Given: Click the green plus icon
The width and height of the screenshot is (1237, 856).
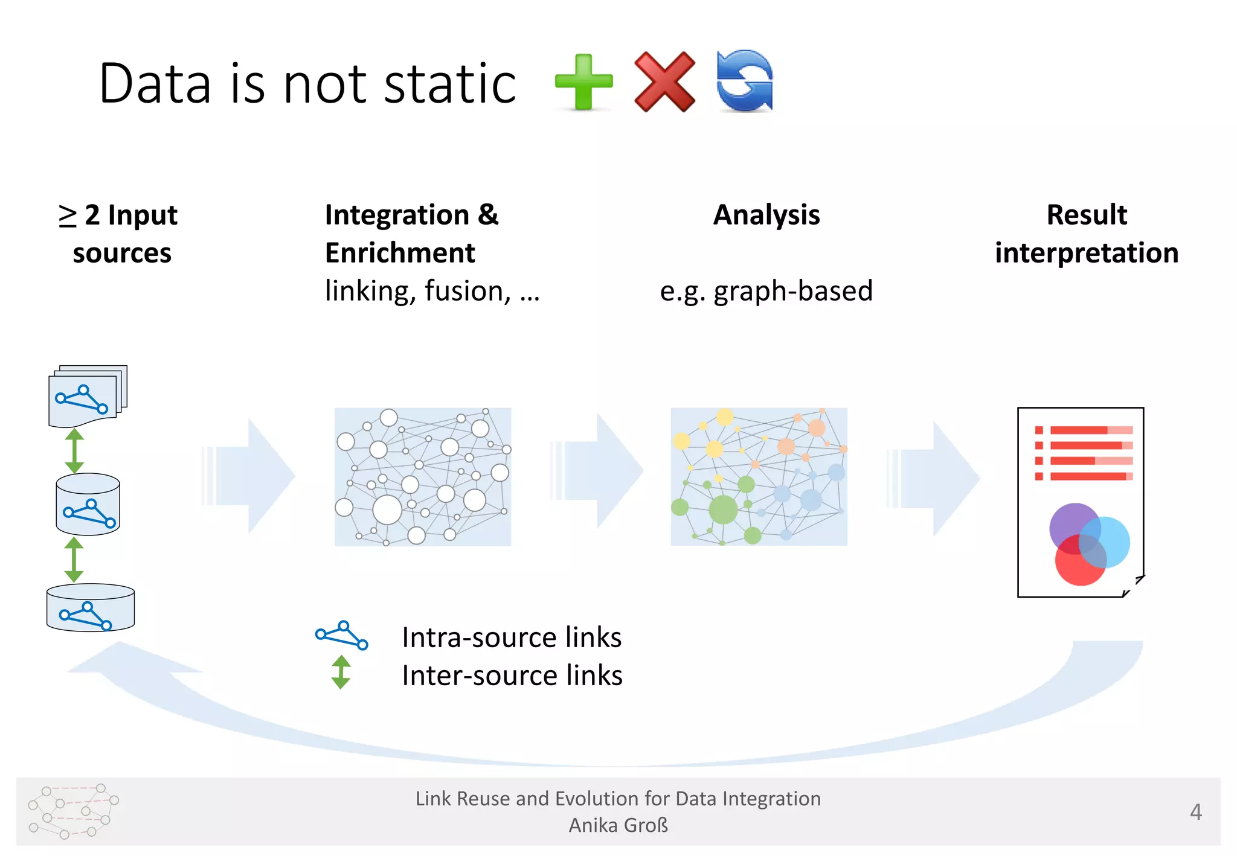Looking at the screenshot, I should point(583,82).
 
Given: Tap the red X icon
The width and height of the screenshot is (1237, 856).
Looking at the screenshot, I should point(664,82).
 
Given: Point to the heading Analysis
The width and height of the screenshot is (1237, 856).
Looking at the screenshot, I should point(766,215).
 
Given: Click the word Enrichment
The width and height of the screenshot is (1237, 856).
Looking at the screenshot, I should point(400,253).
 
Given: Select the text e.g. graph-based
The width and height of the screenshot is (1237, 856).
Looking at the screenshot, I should point(766,291).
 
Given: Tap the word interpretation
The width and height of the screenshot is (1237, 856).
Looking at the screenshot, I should point(1087,253).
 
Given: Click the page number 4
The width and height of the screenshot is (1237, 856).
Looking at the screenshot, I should point(1195,812).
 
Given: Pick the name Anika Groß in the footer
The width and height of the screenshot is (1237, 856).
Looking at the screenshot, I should point(618,825).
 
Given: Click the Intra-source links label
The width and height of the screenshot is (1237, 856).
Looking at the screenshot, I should point(512,637).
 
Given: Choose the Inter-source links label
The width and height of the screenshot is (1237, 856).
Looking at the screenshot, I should point(512,676).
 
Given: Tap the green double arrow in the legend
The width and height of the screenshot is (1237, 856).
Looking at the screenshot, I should point(341,672).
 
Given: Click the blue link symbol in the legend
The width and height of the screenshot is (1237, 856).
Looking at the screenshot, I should point(342,635).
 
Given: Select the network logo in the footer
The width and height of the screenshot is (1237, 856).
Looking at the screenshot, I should point(73,811).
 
